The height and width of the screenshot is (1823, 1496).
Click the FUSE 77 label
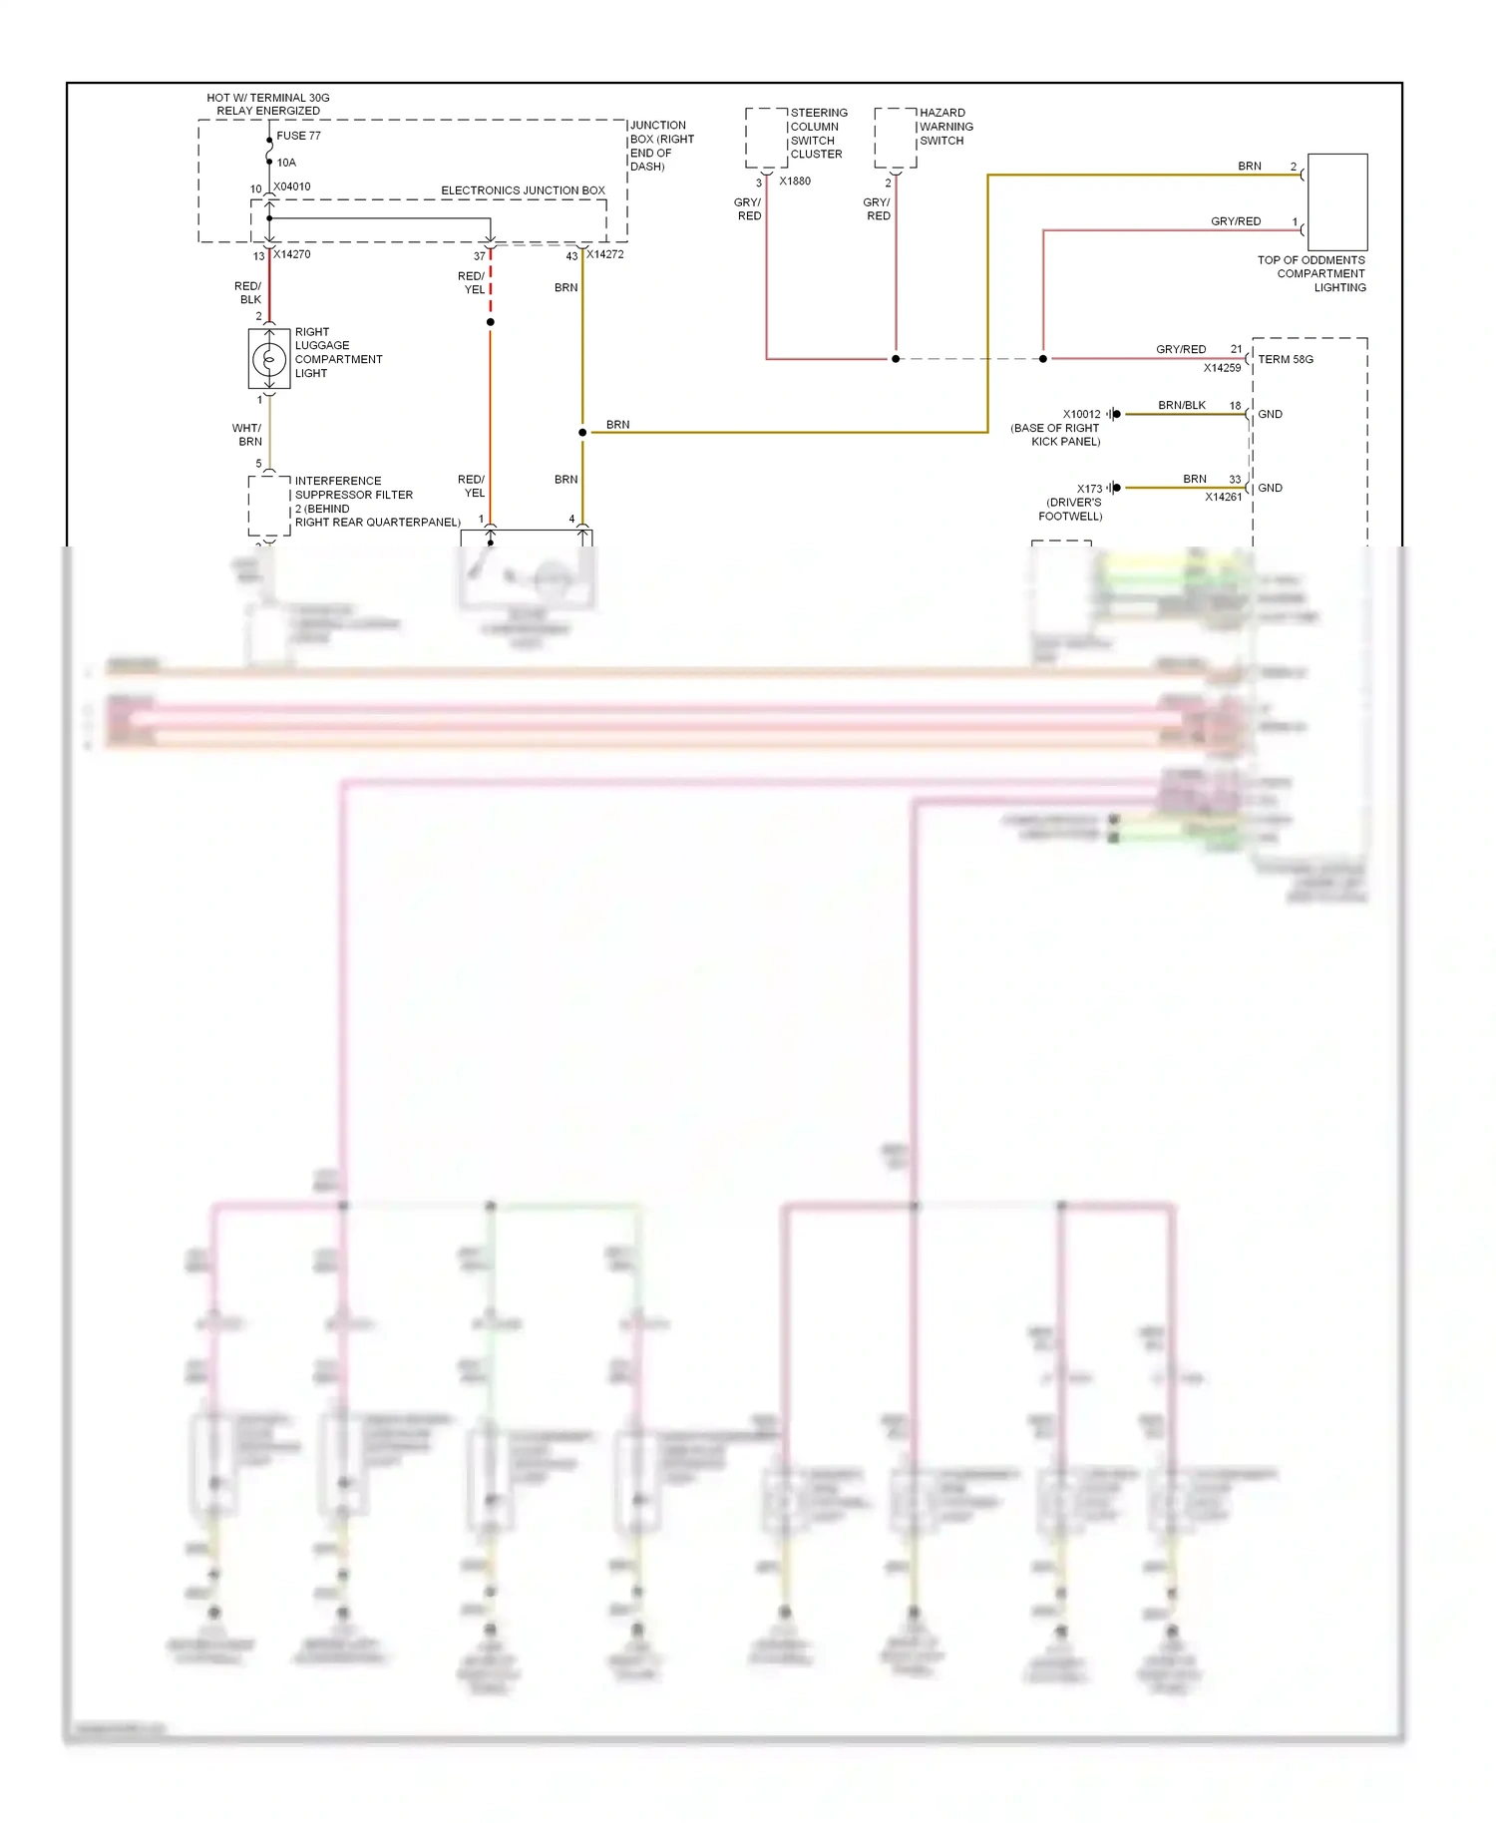(298, 136)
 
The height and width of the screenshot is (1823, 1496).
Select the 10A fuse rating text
(286, 163)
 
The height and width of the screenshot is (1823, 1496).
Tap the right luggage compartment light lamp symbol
(268, 359)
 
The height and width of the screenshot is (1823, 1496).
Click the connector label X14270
(292, 254)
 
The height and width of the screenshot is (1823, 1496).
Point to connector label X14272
(605, 254)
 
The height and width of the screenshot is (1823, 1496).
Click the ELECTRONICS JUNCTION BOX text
(523, 190)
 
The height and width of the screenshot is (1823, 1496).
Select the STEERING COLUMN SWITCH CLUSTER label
(818, 134)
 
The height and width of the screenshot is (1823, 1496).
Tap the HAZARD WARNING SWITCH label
(945, 127)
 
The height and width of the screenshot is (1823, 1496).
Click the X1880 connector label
(795, 182)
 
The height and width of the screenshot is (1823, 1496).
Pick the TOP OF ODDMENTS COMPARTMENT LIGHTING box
(1336, 201)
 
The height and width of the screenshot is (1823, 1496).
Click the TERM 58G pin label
(1286, 359)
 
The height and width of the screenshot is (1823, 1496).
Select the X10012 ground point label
(1081, 414)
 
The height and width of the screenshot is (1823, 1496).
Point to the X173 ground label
(1089, 489)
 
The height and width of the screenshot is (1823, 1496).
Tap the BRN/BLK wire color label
(1182, 405)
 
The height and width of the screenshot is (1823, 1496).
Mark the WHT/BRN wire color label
(247, 435)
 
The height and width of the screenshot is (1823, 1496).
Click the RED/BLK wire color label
(247, 292)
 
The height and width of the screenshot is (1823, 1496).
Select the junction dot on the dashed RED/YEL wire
(490, 322)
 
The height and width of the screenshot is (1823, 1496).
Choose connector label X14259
(1222, 368)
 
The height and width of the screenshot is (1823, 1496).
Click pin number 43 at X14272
(571, 256)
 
